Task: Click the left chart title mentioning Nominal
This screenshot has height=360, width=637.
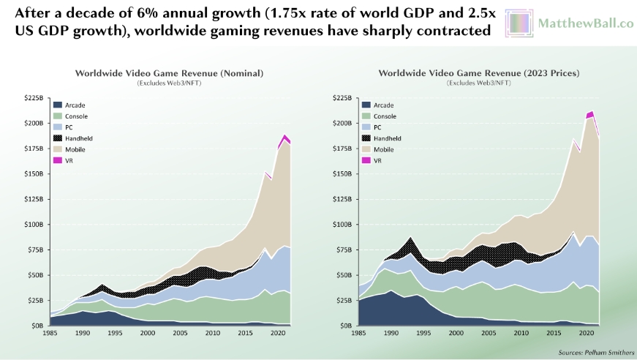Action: pos(168,73)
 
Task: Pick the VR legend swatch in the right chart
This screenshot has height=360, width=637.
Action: pos(368,160)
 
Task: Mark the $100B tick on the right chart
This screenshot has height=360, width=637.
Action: pos(342,225)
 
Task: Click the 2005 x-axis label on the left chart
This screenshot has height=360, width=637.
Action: pos(179,334)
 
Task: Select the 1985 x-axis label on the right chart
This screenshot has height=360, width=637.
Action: pos(358,334)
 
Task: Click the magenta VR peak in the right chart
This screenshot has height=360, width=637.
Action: pos(590,113)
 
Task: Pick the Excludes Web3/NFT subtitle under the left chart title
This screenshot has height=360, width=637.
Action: pos(168,83)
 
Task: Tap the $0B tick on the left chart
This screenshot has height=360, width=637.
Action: pos(37,326)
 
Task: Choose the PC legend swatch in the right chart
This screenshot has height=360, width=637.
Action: pos(368,127)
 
